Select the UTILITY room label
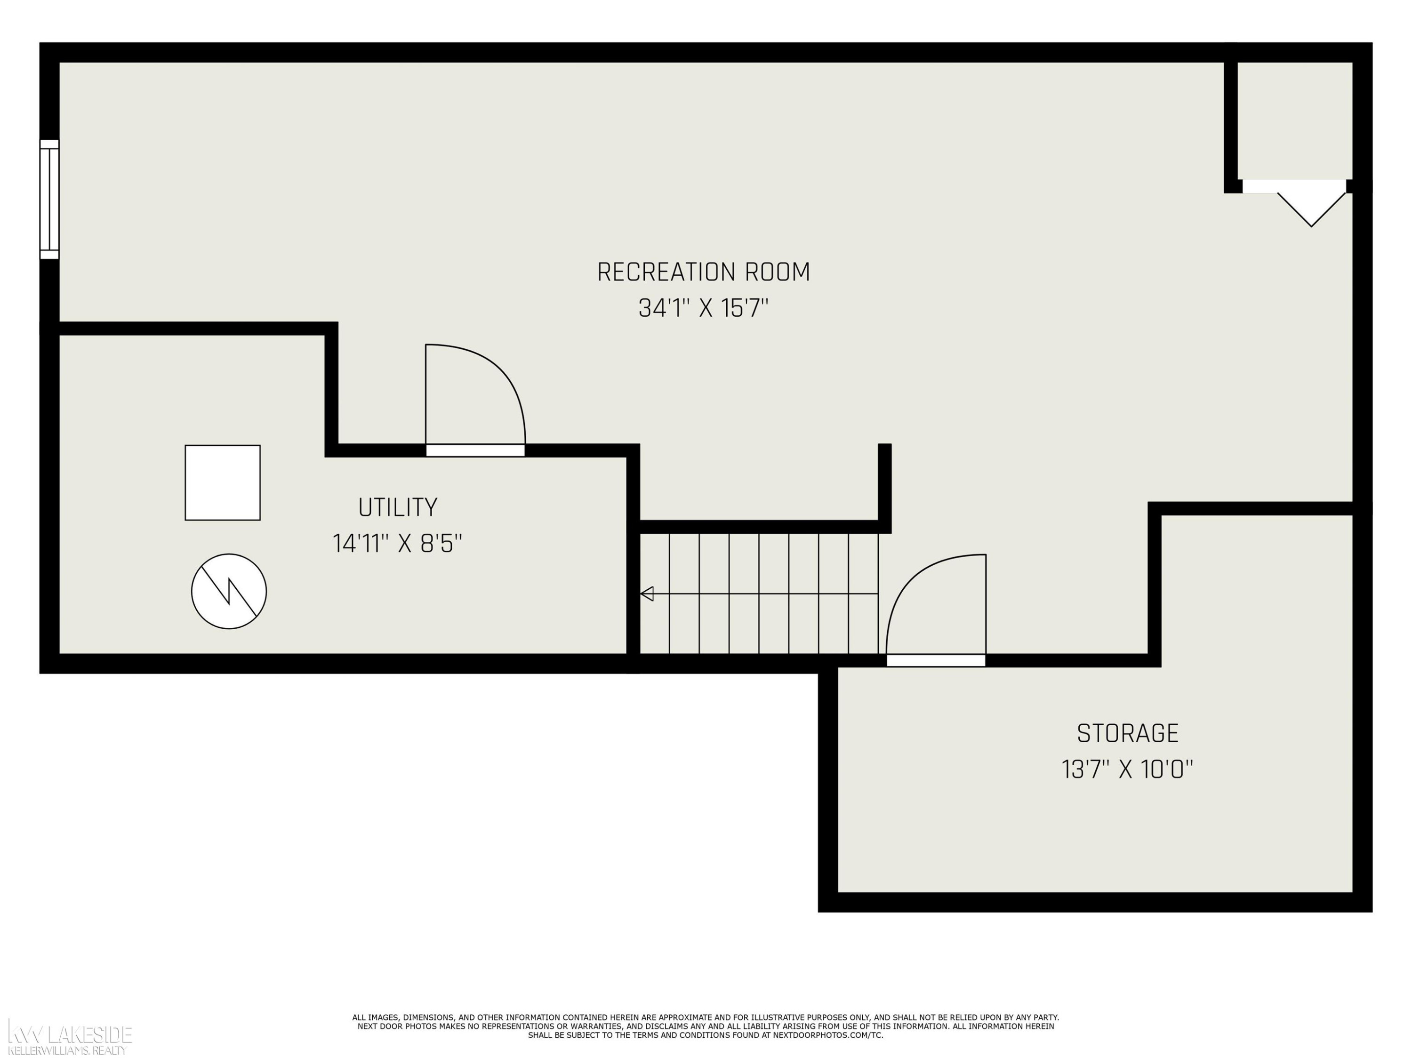398,507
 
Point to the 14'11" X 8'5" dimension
397,544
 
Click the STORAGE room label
1128,733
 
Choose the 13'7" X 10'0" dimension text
1127,769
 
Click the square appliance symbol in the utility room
223,482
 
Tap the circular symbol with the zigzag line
229,591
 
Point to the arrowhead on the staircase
647,594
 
